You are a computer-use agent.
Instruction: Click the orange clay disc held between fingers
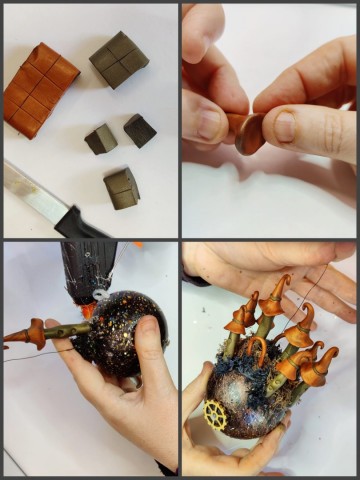point(249,133)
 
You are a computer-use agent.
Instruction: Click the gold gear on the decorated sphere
point(214,414)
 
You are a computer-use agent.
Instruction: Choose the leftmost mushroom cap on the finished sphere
point(237,319)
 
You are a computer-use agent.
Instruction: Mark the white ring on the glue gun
point(99,295)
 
